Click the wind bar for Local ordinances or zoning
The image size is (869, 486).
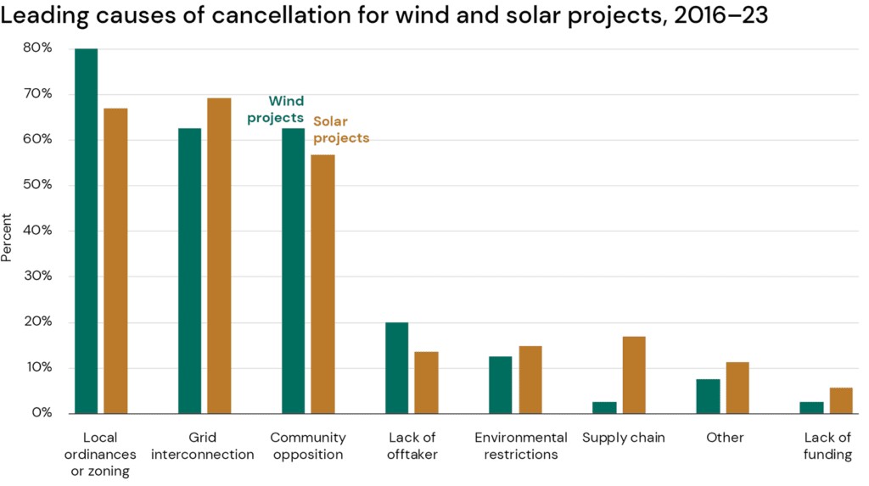(86, 231)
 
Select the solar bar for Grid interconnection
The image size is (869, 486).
(219, 255)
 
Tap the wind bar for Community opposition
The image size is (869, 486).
(293, 271)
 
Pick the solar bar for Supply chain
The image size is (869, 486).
(633, 375)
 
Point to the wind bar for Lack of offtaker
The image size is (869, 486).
(396, 367)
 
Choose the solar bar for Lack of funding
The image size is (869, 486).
(841, 400)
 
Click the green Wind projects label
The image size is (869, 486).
(276, 109)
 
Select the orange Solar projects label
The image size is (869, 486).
(341, 129)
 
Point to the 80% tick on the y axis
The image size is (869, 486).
(39, 48)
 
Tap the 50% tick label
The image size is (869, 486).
(39, 185)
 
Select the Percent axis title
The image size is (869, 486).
(8, 237)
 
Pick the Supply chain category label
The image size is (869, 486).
(624, 438)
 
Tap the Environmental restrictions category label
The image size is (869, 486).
(521, 446)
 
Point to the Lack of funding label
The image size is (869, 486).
(828, 446)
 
